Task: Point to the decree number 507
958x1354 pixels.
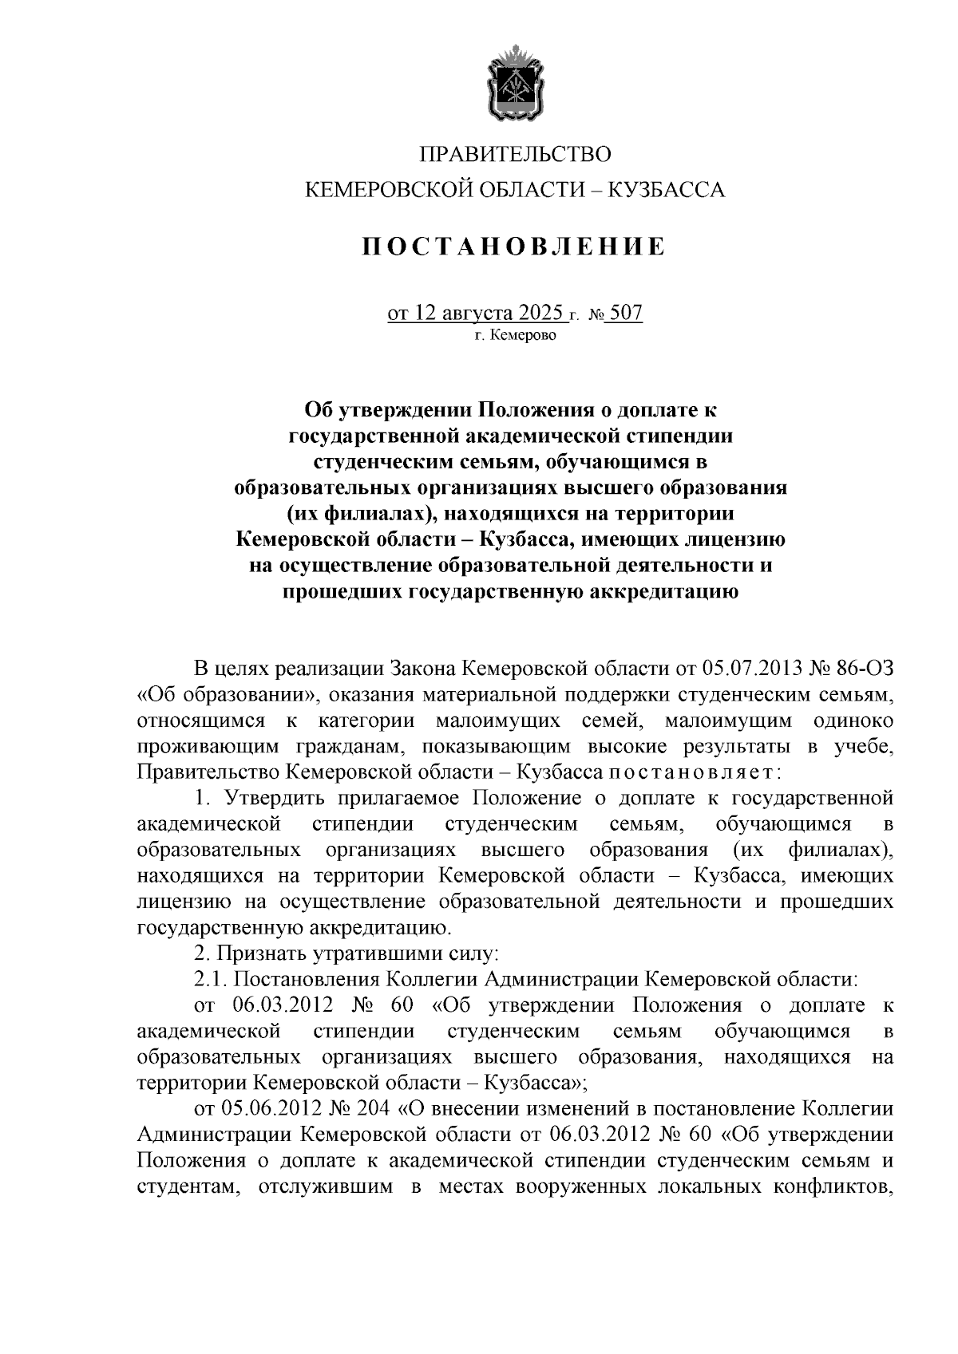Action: (625, 313)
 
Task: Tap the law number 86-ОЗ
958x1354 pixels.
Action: (861, 667)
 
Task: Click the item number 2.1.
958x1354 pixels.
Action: (211, 979)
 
